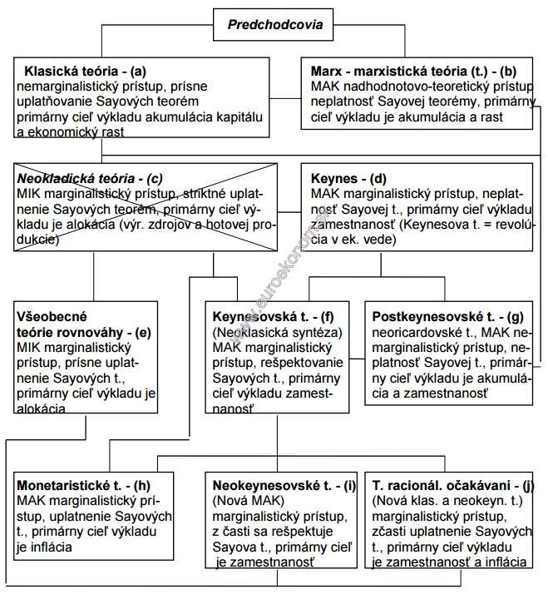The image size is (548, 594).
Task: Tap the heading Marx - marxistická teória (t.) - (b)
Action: (x=422, y=72)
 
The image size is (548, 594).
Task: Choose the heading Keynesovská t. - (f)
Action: (x=273, y=317)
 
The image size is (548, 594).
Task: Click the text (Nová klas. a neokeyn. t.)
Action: (x=447, y=500)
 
